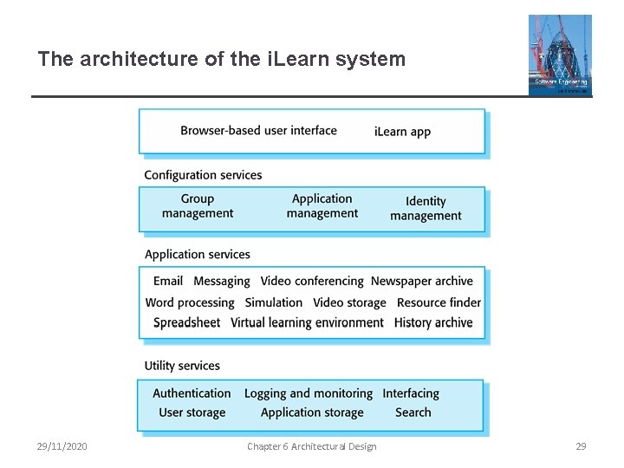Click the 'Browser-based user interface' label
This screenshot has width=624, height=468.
coord(258,131)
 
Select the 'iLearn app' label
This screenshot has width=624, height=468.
coord(402,132)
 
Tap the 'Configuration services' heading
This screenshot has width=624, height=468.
coord(203,175)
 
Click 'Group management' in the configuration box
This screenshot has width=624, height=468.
coord(198,206)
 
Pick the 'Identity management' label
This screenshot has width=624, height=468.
coord(426,208)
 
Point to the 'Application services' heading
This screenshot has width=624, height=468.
coord(197,254)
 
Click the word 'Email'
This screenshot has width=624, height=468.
coord(168,281)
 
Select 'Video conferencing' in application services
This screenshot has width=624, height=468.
coord(312,281)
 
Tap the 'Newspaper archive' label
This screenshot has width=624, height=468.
coord(422,281)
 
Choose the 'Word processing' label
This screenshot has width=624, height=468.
coord(190,302)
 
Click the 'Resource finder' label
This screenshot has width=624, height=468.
coord(439,302)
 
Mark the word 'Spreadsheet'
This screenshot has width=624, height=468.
coord(186,322)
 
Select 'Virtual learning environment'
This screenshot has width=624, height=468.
coord(307,322)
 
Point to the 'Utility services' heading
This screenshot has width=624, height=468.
coord(182,366)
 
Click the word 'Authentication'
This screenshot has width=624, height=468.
coord(192,393)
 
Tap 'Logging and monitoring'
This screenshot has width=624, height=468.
coord(309,393)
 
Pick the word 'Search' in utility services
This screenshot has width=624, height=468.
coord(413,413)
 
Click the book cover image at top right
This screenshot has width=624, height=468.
coord(560,55)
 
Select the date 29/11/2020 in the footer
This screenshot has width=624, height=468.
coord(62,446)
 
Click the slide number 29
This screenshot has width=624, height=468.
coord(581,446)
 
